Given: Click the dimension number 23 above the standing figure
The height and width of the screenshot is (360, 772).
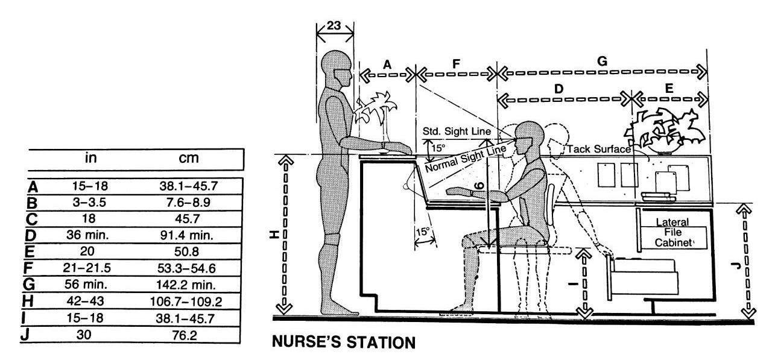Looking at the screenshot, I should pos(335,27).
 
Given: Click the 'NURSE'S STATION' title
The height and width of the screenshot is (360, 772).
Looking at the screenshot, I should pos(344,343).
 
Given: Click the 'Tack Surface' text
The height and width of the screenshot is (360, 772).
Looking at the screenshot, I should pos(596,149).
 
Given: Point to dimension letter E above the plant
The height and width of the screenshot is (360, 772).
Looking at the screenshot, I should pos(668,88).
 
